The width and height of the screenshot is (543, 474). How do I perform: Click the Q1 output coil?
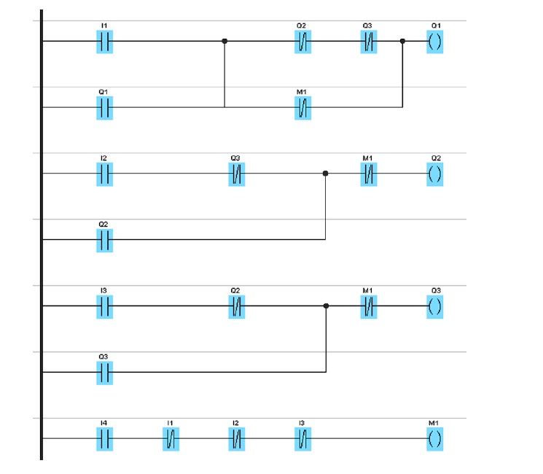coord(435,42)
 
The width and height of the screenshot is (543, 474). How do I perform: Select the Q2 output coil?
coord(435,174)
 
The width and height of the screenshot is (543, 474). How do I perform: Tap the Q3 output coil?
coord(435,307)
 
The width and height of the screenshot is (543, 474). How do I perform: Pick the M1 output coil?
coord(435,439)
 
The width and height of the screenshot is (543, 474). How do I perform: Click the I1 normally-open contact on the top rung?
coord(104,42)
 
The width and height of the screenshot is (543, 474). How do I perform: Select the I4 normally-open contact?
coord(104,439)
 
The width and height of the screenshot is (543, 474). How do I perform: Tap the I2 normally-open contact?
coord(104,174)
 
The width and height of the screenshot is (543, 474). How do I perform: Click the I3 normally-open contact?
coord(104,307)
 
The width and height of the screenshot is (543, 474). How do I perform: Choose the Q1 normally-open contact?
coord(104,108)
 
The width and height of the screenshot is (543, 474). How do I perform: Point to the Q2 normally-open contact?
coord(104,240)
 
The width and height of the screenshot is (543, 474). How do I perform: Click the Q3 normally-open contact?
coord(104,373)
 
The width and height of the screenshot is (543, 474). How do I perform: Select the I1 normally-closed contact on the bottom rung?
coord(171,439)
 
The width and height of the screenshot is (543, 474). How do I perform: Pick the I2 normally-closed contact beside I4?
coord(236,439)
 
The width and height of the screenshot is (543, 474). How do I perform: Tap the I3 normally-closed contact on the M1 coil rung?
coord(302,439)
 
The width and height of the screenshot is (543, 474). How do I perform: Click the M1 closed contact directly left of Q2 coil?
coord(369,174)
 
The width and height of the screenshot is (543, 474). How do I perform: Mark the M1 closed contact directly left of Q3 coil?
coord(369,307)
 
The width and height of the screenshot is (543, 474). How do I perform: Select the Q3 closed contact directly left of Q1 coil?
coord(369,42)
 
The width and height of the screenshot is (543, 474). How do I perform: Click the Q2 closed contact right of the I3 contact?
coord(236,307)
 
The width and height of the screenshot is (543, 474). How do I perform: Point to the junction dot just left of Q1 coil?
coord(402,41)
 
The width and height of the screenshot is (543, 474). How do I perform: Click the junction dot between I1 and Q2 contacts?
coord(224,41)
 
